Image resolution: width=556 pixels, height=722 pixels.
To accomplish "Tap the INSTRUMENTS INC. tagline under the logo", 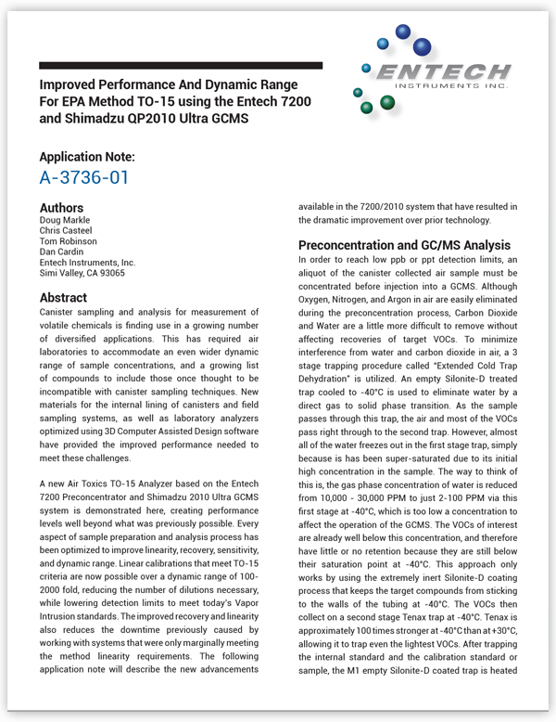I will coord(451,86).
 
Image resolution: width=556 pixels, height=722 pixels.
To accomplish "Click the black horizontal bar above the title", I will coord(181,66).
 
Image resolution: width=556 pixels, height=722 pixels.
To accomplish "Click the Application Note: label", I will coord(87,157).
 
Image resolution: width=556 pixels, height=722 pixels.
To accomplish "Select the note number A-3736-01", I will coord(84,177).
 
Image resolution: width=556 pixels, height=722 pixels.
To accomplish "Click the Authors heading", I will coord(61,208).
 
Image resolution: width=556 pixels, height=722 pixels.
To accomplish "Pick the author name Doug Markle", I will coord(65,220).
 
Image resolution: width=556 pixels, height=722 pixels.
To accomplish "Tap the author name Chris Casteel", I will coord(66,231).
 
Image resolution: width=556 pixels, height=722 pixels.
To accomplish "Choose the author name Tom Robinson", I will coord(68,241).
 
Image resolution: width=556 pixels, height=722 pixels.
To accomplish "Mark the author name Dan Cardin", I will coord(61,252).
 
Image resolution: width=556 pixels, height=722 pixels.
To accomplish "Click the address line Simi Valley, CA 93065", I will coord(82,273).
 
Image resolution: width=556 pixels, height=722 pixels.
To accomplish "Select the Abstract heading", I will coord(63,298).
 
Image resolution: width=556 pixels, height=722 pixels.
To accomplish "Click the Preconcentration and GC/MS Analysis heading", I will coord(404,246).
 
